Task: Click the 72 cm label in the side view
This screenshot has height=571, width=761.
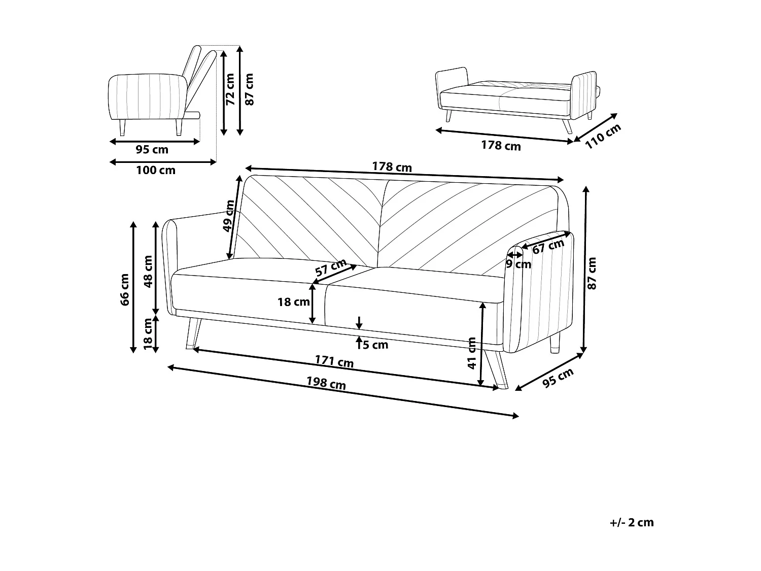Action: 230,89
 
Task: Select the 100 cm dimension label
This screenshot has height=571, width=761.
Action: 156,170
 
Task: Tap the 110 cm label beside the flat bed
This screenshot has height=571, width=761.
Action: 603,136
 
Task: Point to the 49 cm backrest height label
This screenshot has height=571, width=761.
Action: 229,216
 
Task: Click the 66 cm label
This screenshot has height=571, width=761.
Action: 124,289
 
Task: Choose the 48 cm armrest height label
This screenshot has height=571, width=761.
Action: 148,272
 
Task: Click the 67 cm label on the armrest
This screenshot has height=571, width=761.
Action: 548,246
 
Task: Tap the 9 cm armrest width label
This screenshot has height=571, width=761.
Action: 518,264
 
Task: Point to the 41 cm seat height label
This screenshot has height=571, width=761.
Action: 472,353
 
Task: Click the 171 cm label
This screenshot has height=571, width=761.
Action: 334,361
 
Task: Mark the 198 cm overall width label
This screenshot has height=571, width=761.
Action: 326,383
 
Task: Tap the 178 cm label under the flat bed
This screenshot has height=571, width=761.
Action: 501,145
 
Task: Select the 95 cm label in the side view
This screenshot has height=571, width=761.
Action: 152,149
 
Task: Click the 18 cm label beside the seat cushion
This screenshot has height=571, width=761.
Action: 294,302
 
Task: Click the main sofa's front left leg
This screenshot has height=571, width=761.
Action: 193,334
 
